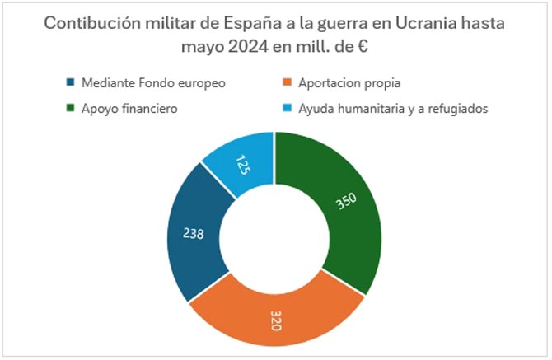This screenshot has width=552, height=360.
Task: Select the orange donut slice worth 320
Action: [x=276, y=309]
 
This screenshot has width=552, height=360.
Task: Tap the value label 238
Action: [x=192, y=234]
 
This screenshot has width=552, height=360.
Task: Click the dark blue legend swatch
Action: [x=70, y=83]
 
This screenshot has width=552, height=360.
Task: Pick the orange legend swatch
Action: [x=287, y=83]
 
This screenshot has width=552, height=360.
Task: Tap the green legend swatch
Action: [x=70, y=108]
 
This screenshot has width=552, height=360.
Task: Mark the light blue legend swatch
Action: [x=287, y=108]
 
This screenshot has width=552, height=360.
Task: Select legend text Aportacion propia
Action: [x=350, y=83]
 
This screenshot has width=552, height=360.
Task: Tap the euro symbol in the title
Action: [x=359, y=47]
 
